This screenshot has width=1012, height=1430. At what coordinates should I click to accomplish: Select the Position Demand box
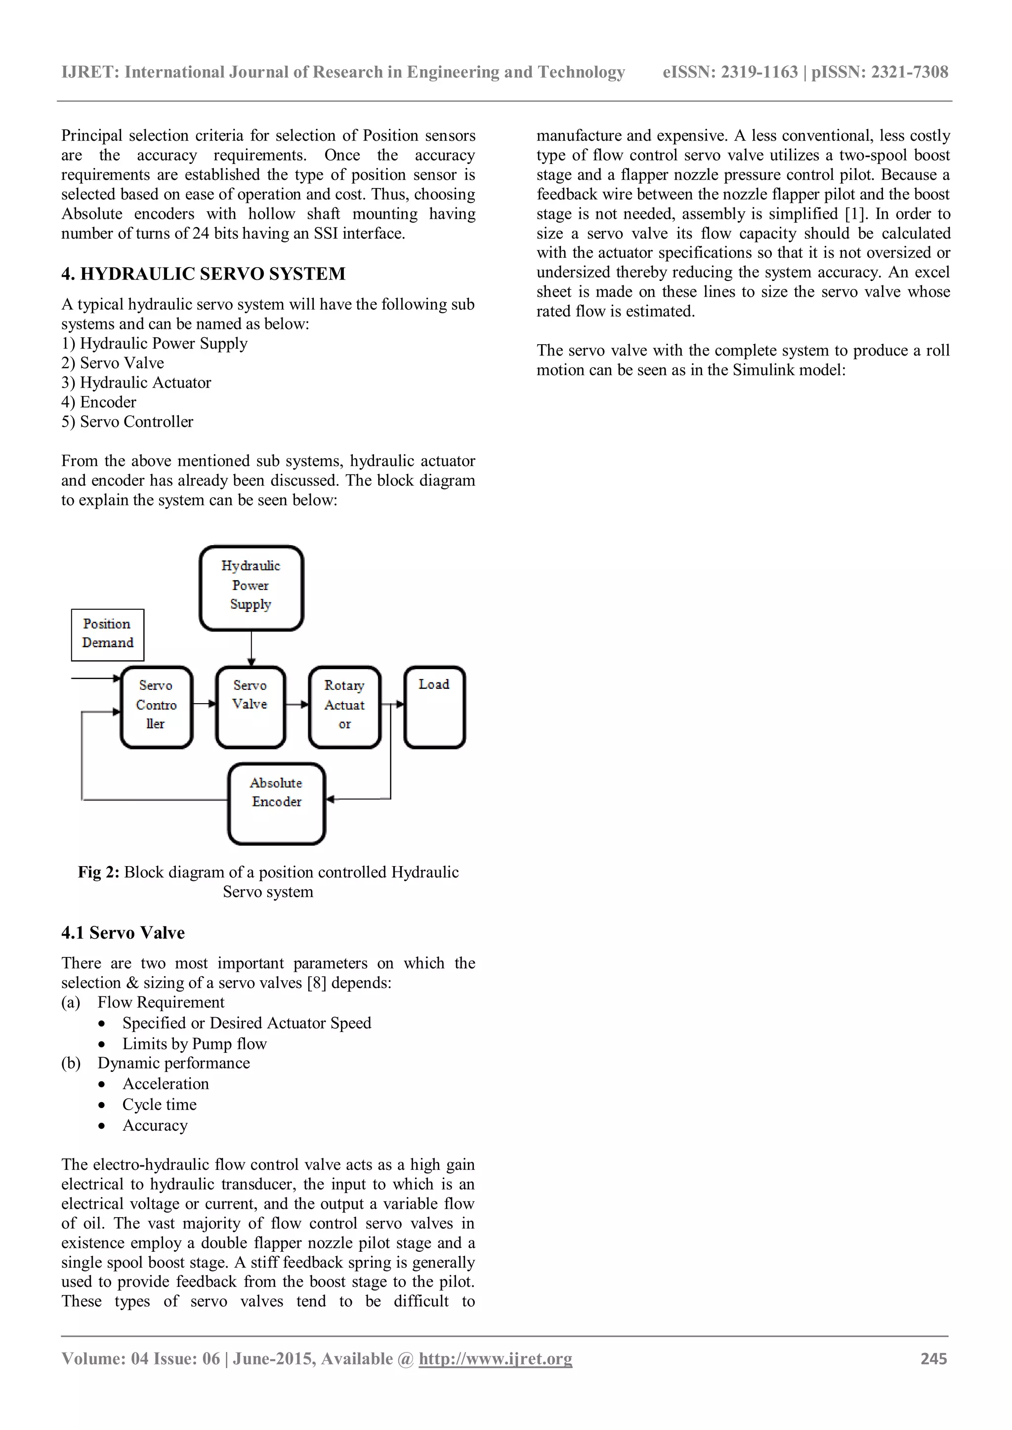coord(107,634)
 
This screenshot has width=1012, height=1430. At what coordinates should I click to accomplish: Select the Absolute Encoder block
coord(277,803)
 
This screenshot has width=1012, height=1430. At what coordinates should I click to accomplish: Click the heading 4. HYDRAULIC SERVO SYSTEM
coord(203,274)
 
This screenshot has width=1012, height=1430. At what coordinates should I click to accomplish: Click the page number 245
coord(933,1358)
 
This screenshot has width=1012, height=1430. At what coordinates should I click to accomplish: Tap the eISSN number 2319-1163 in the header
coord(759,72)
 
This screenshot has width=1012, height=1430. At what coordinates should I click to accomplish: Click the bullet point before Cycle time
coord(102,1106)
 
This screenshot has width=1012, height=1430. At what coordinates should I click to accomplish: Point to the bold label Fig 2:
coord(98,872)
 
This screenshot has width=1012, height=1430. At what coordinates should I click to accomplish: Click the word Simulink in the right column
coord(764,370)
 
